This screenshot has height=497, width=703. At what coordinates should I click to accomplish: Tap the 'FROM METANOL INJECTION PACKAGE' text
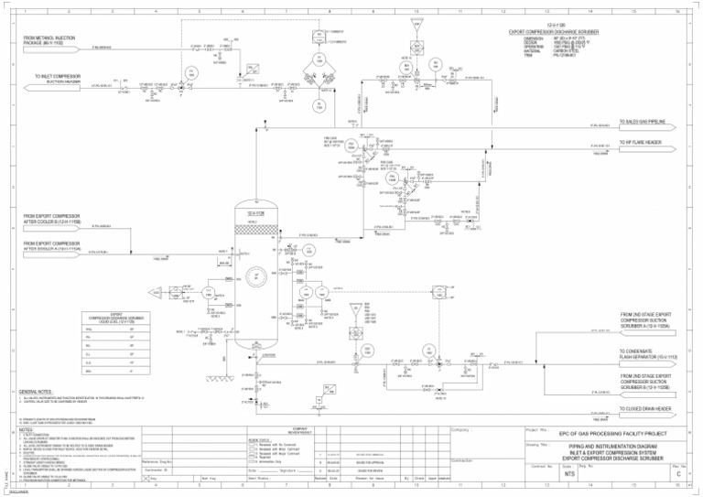[57, 40]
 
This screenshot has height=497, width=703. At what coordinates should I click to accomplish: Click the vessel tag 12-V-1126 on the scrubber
[255, 214]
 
